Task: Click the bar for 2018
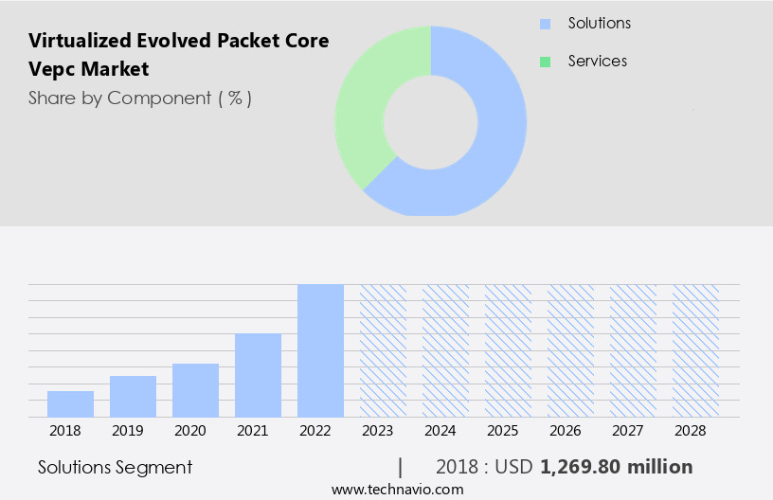(70, 404)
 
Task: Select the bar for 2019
(133, 397)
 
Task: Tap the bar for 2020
(195, 390)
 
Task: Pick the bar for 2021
(258, 375)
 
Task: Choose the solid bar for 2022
(320, 350)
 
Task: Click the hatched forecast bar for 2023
(383, 350)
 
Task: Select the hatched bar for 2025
(508, 350)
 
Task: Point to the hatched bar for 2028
(695, 350)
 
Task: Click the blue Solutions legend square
(545, 24)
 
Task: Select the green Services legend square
(545, 62)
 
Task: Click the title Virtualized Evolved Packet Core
(179, 41)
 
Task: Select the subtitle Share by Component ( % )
(140, 98)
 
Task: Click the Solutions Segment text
(115, 467)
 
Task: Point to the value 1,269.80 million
(616, 467)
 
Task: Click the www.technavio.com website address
(397, 490)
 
